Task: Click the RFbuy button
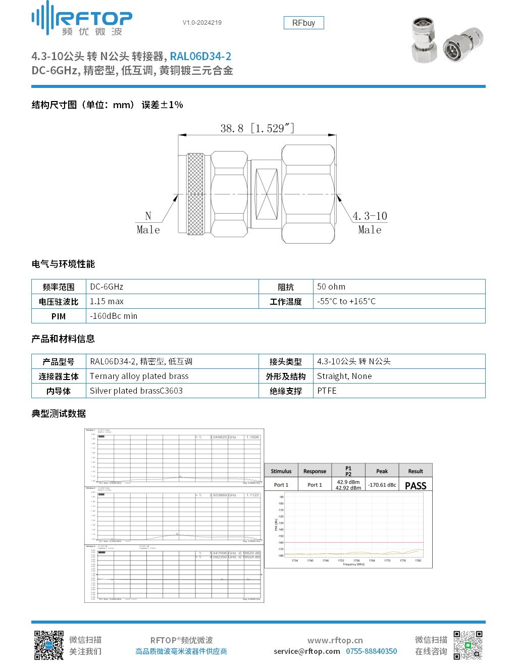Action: click(303, 23)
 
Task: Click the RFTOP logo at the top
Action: click(82, 19)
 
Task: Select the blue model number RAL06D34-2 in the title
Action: click(200, 56)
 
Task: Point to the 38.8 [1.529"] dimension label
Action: click(257, 128)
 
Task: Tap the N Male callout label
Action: click(148, 222)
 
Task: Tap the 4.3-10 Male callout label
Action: click(370, 222)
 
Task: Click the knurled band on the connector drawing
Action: click(195, 194)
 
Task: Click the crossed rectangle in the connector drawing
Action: click(267, 194)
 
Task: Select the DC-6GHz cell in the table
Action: click(107, 287)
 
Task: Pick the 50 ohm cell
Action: click(331, 287)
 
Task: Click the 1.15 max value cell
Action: click(107, 301)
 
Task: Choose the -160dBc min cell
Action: click(114, 316)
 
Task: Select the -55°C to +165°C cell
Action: click(346, 301)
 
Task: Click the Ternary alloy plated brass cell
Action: click(139, 376)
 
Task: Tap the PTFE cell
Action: click(327, 391)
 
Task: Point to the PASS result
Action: click(416, 486)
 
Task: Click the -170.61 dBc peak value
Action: click(382, 485)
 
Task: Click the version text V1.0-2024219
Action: click(202, 23)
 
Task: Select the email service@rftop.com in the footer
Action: click(307, 651)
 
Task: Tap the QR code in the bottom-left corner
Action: click(49, 645)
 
